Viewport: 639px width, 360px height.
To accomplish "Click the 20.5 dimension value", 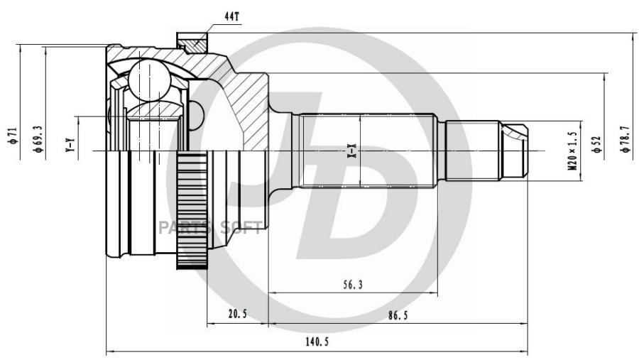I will coord(237,315).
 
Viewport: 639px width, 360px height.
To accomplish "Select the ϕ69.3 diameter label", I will coord(35,136).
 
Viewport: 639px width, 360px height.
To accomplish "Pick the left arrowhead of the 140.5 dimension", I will coord(109,351).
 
